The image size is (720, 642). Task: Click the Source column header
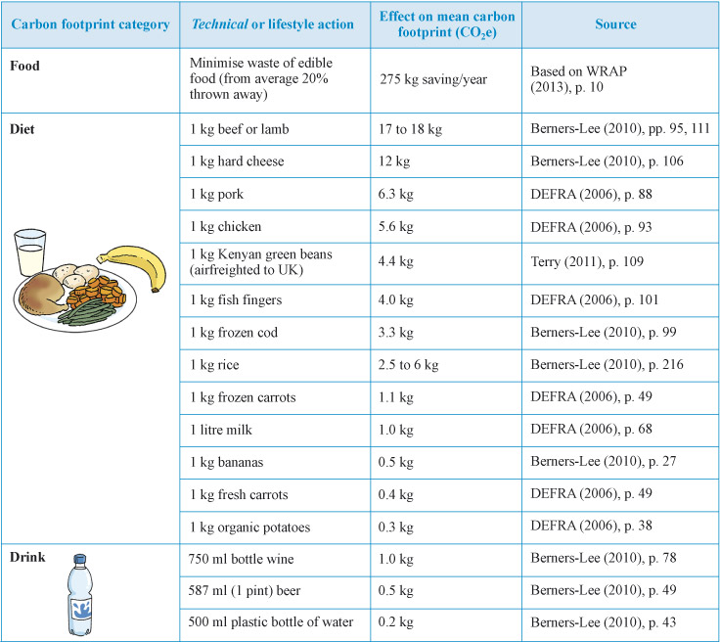pyautogui.click(x=614, y=24)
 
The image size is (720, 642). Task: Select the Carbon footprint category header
pyautogui.click(x=90, y=24)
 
